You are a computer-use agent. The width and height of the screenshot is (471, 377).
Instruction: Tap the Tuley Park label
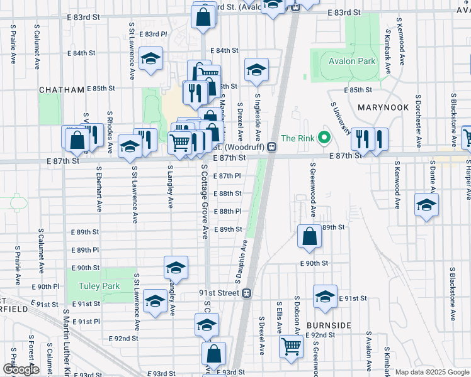pyautogui.click(x=99, y=286)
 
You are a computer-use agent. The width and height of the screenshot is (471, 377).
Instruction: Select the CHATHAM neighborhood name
pyautogui.click(x=62, y=90)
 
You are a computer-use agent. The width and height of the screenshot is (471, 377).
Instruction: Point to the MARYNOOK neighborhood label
pyautogui.click(x=383, y=107)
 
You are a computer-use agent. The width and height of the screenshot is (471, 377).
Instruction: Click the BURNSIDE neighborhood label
pyautogui.click(x=329, y=325)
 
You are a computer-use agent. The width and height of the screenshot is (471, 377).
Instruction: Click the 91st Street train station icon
pyautogui.click(x=247, y=293)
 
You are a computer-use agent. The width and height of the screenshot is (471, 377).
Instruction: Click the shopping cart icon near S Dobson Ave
pyautogui.click(x=291, y=345)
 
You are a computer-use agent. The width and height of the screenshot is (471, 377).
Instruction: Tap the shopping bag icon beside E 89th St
pyautogui.click(x=309, y=236)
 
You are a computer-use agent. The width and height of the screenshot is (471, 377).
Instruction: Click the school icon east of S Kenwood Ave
pyautogui.click(x=426, y=205)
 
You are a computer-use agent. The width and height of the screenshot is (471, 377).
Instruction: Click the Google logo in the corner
pyautogui.click(x=21, y=369)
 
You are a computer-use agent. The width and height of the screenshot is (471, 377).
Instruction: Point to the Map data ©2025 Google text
pyautogui.click(x=431, y=372)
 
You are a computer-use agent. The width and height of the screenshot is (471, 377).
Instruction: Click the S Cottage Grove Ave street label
pyautogui.click(x=204, y=201)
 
